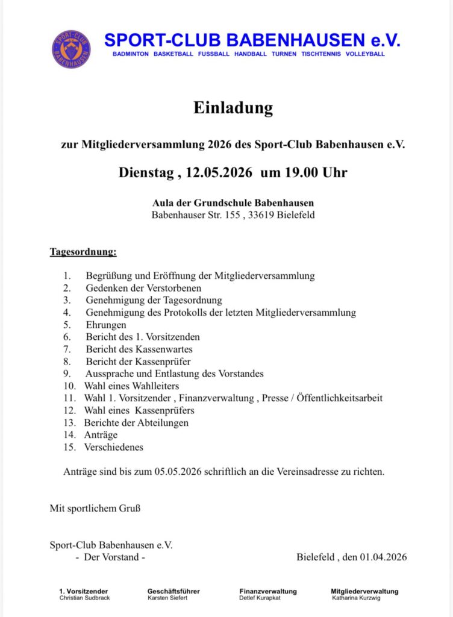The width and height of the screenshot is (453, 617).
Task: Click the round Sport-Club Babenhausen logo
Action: pyautogui.click(x=72, y=49)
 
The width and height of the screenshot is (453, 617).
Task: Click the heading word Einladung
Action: pyautogui.click(x=233, y=108)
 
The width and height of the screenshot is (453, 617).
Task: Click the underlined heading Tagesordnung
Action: pyautogui.click(x=83, y=251)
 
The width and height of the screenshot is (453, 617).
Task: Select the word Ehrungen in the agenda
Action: pyautogui.click(x=106, y=325)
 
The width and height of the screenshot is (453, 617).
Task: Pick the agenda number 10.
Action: pyautogui.click(x=69, y=386)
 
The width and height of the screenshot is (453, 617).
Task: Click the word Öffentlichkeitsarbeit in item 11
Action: pyautogui.click(x=340, y=398)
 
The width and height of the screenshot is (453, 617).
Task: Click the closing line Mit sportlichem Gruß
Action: pyautogui.click(x=95, y=509)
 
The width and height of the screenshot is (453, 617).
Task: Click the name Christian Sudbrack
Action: pyautogui.click(x=84, y=598)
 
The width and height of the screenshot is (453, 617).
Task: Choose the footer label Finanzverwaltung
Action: pyautogui.click(x=267, y=591)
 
